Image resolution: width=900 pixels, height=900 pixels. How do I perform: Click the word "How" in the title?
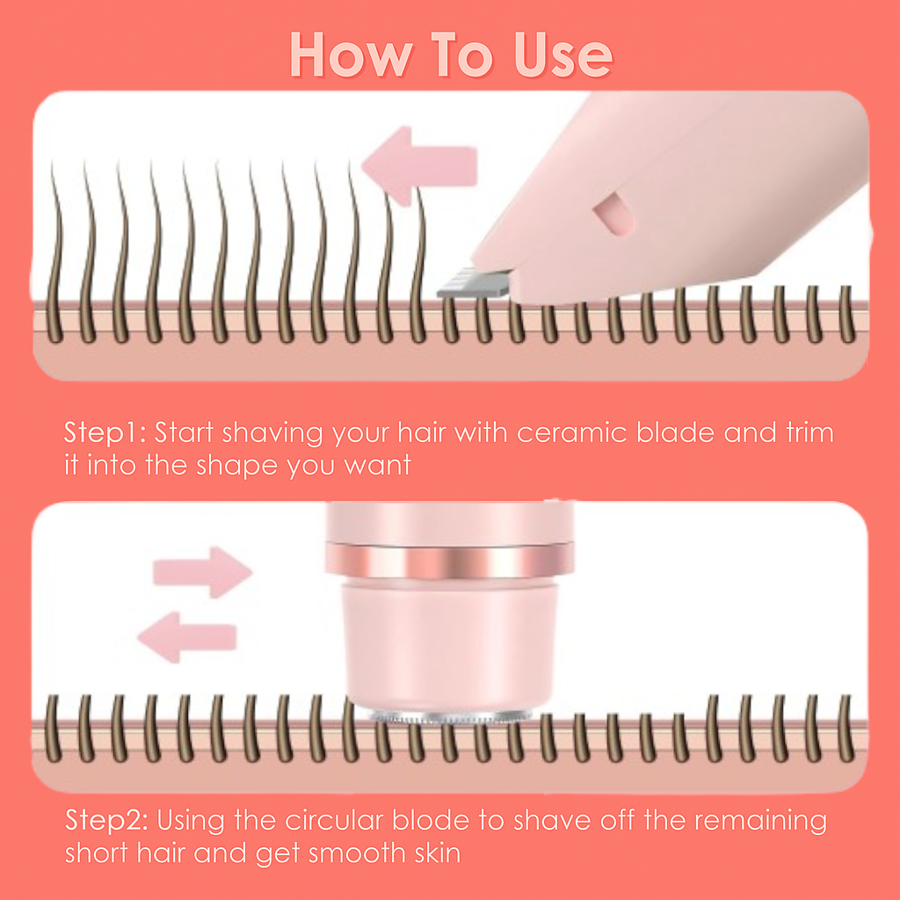pyautogui.click(x=352, y=55)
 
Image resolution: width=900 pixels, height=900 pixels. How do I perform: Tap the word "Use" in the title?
pyautogui.click(x=563, y=55)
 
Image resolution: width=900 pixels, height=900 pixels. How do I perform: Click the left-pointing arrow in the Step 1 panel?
pyautogui.click(x=419, y=166)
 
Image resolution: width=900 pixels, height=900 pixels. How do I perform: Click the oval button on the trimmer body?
pyautogui.click(x=614, y=214)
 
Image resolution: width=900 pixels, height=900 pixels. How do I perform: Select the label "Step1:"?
pyautogui.click(x=105, y=432)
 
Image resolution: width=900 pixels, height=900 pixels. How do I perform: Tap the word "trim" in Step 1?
pyautogui.click(x=809, y=432)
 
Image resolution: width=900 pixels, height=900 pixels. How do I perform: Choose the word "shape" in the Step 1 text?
pyautogui.click(x=237, y=466)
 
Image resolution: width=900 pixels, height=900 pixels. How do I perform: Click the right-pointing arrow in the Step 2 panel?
pyautogui.click(x=203, y=572)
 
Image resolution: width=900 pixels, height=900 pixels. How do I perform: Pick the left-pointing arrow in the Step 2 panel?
pyautogui.click(x=187, y=637)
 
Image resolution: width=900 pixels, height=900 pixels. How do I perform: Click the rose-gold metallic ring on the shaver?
pyautogui.click(x=449, y=561)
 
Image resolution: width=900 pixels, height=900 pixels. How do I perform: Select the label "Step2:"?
pyautogui.click(x=106, y=820)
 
